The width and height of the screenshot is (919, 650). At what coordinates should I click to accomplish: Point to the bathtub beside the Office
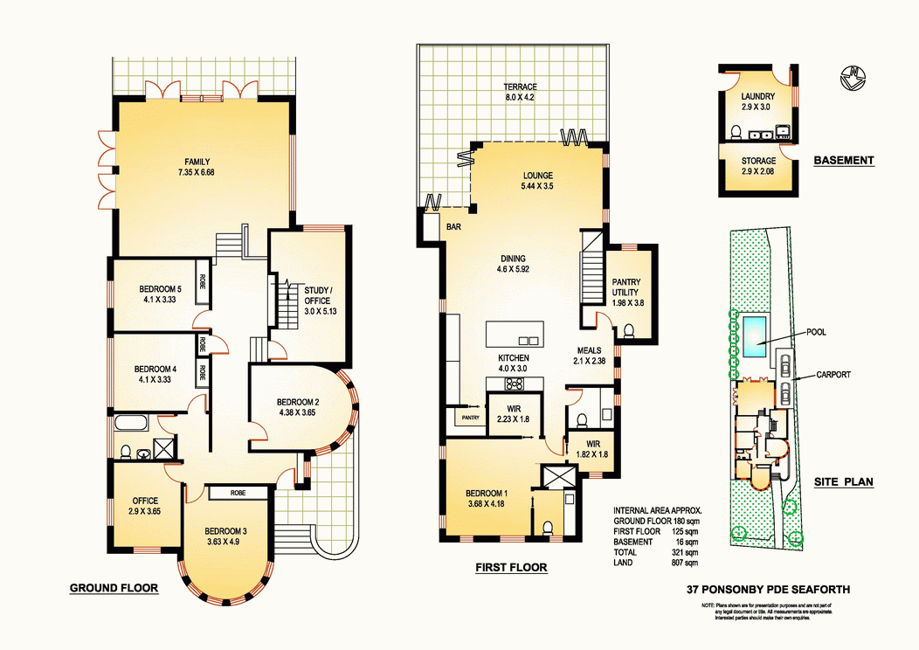(132, 425)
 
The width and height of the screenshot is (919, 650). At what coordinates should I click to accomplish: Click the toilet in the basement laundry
(736, 133)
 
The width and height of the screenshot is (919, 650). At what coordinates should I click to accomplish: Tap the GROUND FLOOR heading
(114, 588)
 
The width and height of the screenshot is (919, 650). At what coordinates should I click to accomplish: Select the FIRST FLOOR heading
(511, 568)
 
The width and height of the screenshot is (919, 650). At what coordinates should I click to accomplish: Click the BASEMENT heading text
(843, 161)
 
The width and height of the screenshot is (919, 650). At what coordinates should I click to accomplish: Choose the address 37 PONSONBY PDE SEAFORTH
(769, 591)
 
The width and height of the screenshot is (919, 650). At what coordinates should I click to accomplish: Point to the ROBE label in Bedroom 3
(238, 493)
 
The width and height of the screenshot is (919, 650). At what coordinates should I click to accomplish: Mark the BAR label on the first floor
(453, 226)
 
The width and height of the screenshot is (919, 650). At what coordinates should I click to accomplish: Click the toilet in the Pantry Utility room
(628, 330)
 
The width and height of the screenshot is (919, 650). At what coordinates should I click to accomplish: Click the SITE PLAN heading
(844, 481)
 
